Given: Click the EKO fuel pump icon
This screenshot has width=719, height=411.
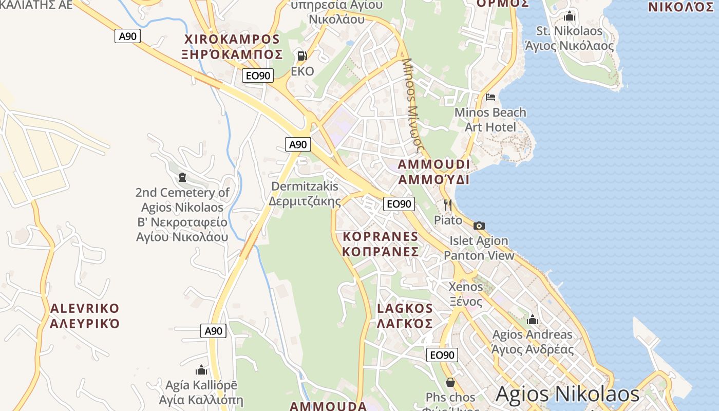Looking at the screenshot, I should (x=302, y=55).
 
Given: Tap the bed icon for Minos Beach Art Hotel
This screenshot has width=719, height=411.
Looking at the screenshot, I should (x=490, y=97).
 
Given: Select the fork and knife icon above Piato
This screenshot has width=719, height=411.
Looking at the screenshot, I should (x=448, y=205).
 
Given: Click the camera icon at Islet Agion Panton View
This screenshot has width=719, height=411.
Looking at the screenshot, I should (x=479, y=226).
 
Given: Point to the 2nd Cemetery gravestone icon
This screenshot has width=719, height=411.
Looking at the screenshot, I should (x=182, y=177).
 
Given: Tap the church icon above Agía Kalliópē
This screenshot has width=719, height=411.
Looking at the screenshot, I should (x=201, y=370).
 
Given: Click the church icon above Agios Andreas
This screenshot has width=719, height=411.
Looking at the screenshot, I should (x=533, y=320).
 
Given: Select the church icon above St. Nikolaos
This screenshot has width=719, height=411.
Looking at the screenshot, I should (x=569, y=16).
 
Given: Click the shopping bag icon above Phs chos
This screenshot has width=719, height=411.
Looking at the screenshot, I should (x=450, y=382).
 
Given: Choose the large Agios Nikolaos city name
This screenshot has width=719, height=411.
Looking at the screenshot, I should (x=567, y=394).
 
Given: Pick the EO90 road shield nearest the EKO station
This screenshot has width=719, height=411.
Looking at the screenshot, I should (x=258, y=76).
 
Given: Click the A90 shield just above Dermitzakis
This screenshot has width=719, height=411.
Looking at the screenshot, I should (x=298, y=144).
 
